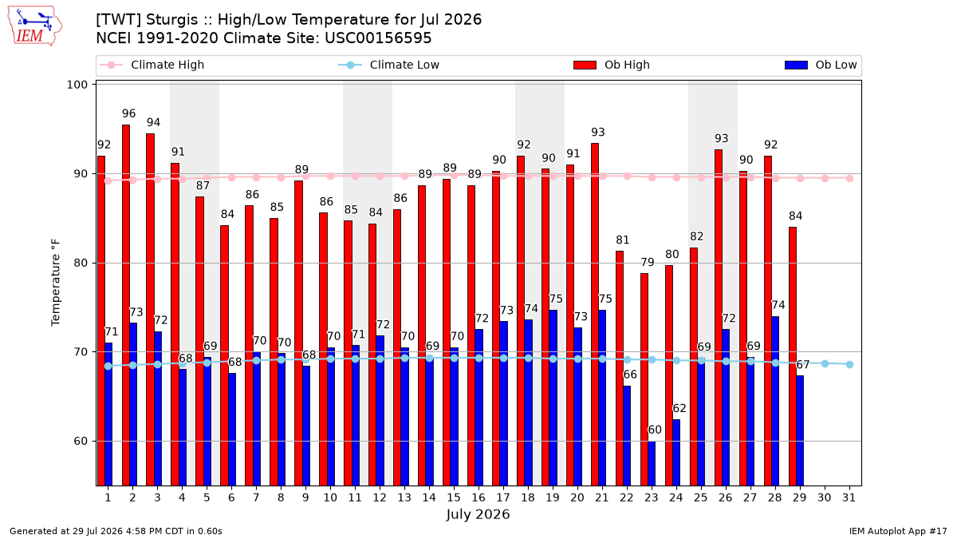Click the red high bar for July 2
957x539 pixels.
[126, 305]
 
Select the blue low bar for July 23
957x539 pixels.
[652, 463]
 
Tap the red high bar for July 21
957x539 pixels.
[595, 315]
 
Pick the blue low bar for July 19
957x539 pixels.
[553, 398]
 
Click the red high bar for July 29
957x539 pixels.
[793, 356]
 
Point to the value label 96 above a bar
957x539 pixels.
[128, 113]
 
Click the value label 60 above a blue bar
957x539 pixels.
[655, 430]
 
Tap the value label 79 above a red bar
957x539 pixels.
[648, 262]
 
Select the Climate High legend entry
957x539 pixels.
[152, 65]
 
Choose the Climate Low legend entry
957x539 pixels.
[389, 65]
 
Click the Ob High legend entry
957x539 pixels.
[612, 65]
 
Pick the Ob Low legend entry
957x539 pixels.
[821, 65]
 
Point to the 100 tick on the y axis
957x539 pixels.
[77, 85]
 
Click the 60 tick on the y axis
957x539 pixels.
[81, 441]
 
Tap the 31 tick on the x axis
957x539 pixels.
[849, 497]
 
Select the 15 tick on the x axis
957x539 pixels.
[454, 497]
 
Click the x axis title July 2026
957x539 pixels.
[478, 514]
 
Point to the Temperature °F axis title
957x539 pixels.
[56, 283]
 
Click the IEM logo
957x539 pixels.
[34, 26]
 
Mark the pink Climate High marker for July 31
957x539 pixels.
[850, 178]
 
